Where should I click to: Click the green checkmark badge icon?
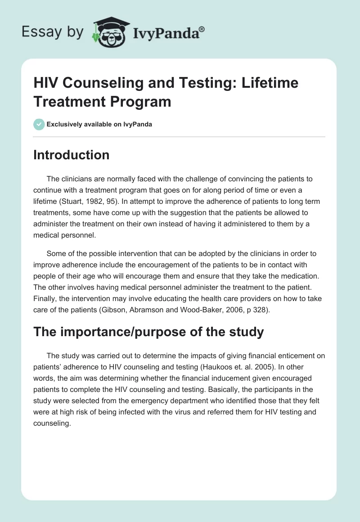tap(39, 124)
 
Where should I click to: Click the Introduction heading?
tap(72, 155)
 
